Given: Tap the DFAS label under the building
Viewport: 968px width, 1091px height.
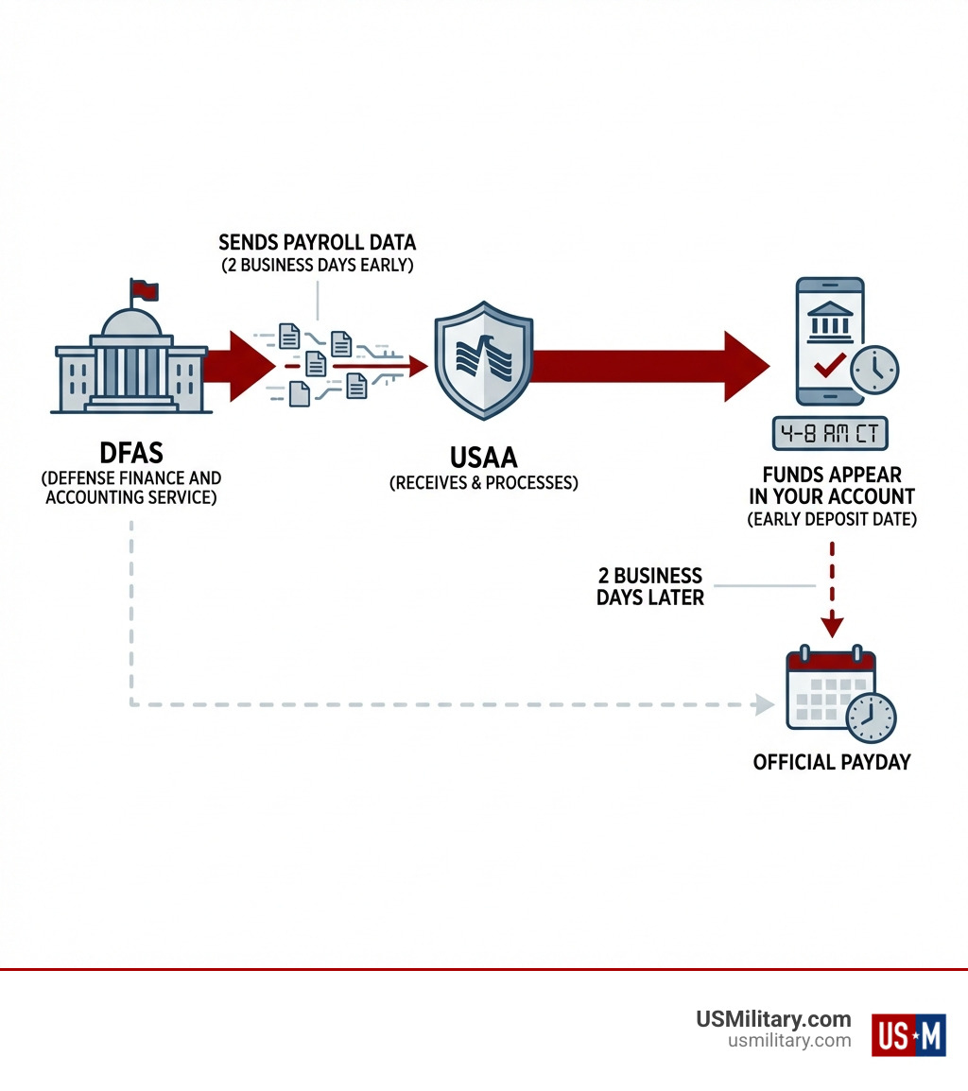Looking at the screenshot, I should [x=131, y=452].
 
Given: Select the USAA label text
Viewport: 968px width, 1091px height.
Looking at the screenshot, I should [x=483, y=458].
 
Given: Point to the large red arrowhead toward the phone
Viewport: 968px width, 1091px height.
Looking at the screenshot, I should [x=746, y=366].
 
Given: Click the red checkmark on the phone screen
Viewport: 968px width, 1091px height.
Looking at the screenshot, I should [x=829, y=366].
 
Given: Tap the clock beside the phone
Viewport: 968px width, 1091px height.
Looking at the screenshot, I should [x=874, y=370].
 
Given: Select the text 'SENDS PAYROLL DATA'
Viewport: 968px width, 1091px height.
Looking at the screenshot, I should [x=317, y=243].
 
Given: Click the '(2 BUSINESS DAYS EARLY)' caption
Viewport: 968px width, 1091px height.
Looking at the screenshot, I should [x=318, y=266].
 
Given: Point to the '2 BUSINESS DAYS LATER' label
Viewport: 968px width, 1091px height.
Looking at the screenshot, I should [x=650, y=586].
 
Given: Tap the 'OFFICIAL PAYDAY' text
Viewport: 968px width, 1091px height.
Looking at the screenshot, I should [x=832, y=762].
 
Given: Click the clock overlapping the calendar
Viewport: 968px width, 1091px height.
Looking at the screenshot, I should [x=871, y=718].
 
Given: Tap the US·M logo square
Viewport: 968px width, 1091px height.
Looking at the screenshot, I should [x=907, y=1034].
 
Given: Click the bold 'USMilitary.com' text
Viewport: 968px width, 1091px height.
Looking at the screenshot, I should [x=773, y=1019].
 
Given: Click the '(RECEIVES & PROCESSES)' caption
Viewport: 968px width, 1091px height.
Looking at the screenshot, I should [x=483, y=483].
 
